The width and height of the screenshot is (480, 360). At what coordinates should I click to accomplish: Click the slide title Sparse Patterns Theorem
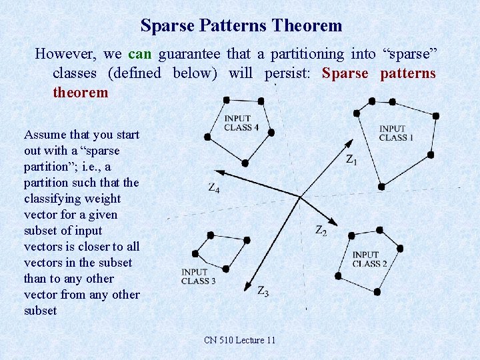click(x=241, y=26)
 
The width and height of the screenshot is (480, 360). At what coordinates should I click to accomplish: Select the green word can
click(x=140, y=53)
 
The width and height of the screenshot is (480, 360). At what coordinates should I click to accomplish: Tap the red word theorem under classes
click(x=80, y=92)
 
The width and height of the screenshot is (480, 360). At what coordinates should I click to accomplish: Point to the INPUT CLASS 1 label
click(x=396, y=133)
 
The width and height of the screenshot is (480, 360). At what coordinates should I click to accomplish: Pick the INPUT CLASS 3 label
click(x=198, y=277)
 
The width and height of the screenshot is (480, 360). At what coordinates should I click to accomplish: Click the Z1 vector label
click(x=351, y=160)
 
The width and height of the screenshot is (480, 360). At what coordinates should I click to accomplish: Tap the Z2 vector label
click(x=321, y=231)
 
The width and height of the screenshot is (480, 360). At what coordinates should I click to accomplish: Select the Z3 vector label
click(x=263, y=291)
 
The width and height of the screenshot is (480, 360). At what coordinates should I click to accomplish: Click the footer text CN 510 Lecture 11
click(x=239, y=341)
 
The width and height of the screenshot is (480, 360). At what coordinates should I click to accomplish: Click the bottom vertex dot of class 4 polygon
click(x=245, y=163)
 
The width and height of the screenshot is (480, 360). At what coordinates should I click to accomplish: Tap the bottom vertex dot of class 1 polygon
click(x=381, y=187)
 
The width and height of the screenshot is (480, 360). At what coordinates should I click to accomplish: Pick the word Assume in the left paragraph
click(x=45, y=135)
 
